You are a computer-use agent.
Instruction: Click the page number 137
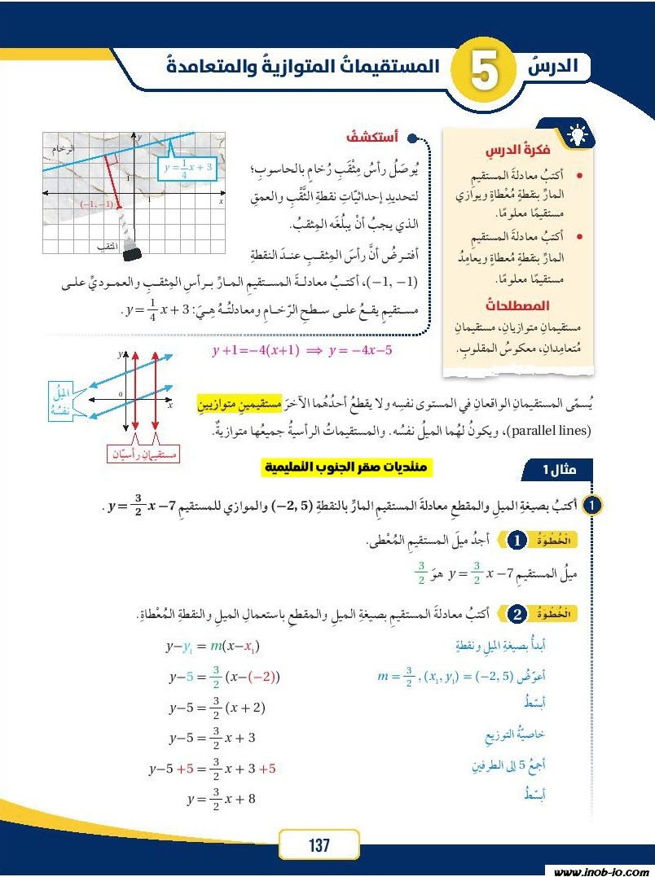[319, 845]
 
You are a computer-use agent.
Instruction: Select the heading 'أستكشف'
[371, 138]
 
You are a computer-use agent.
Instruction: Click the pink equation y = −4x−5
[301, 351]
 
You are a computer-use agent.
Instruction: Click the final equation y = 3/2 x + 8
[221, 799]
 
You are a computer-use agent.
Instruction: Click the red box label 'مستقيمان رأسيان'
[143, 454]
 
